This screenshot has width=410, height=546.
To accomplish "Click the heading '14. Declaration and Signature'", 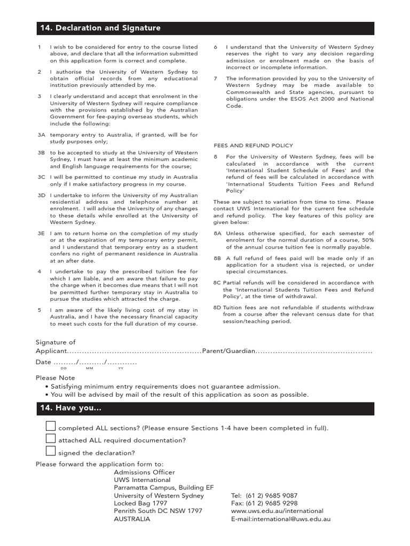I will click(100, 28).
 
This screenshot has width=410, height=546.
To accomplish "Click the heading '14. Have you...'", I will click(70, 408).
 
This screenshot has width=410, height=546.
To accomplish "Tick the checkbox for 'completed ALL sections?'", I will click(51, 426).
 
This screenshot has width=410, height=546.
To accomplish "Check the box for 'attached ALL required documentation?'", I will click(51, 439).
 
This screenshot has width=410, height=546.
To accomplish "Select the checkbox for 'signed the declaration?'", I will click(51, 452).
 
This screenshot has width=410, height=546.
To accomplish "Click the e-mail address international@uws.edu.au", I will click(291, 519).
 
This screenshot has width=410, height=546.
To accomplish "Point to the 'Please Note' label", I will click(56, 378).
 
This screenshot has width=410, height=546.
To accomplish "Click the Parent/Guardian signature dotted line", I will click(314, 352).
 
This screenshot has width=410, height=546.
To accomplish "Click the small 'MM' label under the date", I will click(89, 368).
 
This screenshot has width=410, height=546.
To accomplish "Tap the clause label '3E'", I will click(41, 234).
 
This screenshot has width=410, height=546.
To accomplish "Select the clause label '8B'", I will click(217, 259).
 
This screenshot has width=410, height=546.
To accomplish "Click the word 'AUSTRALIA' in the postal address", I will click(132, 519).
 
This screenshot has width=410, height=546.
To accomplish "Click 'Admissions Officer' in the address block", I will click(144, 472).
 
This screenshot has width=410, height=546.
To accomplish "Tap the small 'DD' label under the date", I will click(64, 368).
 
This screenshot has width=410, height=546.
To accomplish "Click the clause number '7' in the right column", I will click(215, 78).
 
